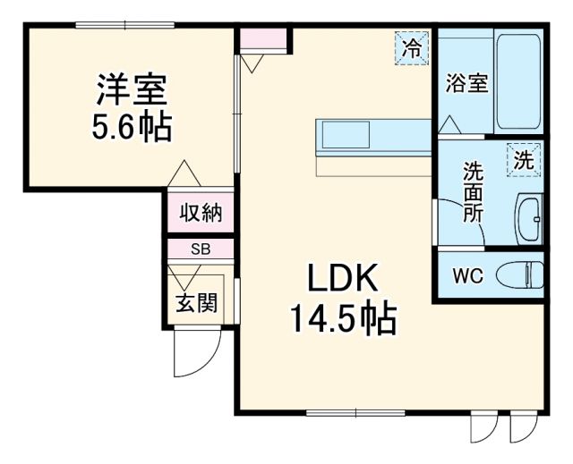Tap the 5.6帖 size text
click(132, 128)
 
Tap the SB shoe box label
click(201, 250)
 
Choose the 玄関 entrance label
click(194, 303)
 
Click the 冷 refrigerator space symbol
click(412, 48)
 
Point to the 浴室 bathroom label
click(466, 84)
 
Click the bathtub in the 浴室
click(517, 83)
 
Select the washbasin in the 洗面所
click(529, 217)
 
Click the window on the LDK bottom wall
click(342, 412)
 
